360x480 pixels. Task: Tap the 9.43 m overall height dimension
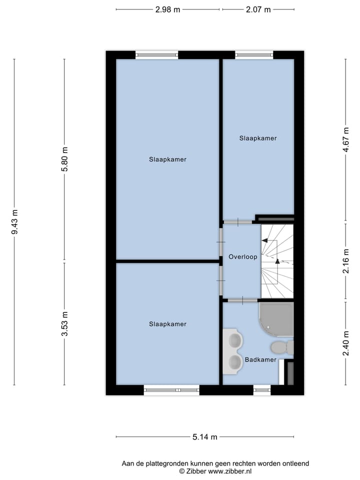click(x=14, y=222)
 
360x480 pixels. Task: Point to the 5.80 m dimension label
click(x=64, y=159)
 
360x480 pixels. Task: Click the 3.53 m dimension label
click(x=64, y=323)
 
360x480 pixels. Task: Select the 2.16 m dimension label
click(x=345, y=261)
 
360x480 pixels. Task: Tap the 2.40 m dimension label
click(x=345, y=343)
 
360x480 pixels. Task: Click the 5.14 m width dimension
click(x=205, y=437)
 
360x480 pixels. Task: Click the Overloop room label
click(x=242, y=257)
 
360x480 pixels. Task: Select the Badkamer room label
click(x=260, y=359)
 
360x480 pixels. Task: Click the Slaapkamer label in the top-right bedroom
click(x=257, y=138)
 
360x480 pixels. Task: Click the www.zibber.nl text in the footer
click(x=229, y=471)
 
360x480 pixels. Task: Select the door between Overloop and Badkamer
click(x=242, y=300)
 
